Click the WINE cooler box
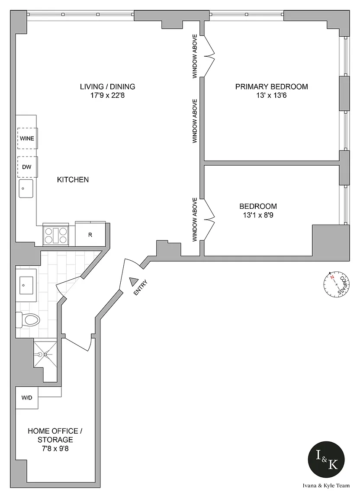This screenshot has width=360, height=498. [27, 138]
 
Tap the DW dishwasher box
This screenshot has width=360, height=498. [27, 167]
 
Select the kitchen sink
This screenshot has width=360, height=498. [26, 188]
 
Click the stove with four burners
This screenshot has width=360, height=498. [56, 235]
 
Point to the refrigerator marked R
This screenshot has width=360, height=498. [90, 234]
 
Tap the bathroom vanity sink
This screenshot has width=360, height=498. [26, 285]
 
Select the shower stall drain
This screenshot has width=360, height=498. [45, 354]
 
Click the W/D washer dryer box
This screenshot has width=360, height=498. [27, 398]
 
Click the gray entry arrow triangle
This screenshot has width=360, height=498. [134, 282]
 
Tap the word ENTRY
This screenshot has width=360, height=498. [141, 287]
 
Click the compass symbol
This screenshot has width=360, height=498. [337, 283]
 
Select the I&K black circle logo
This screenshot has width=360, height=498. [326, 459]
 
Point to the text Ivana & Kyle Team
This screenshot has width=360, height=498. [326, 485]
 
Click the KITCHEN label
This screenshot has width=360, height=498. [73, 179]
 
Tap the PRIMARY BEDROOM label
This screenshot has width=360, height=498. [272, 86]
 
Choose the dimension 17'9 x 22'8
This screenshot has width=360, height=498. [107, 95]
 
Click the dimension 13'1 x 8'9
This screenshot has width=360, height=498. [258, 215]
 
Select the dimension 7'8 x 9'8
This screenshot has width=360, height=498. [55, 448]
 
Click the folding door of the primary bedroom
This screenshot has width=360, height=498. [209, 56]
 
